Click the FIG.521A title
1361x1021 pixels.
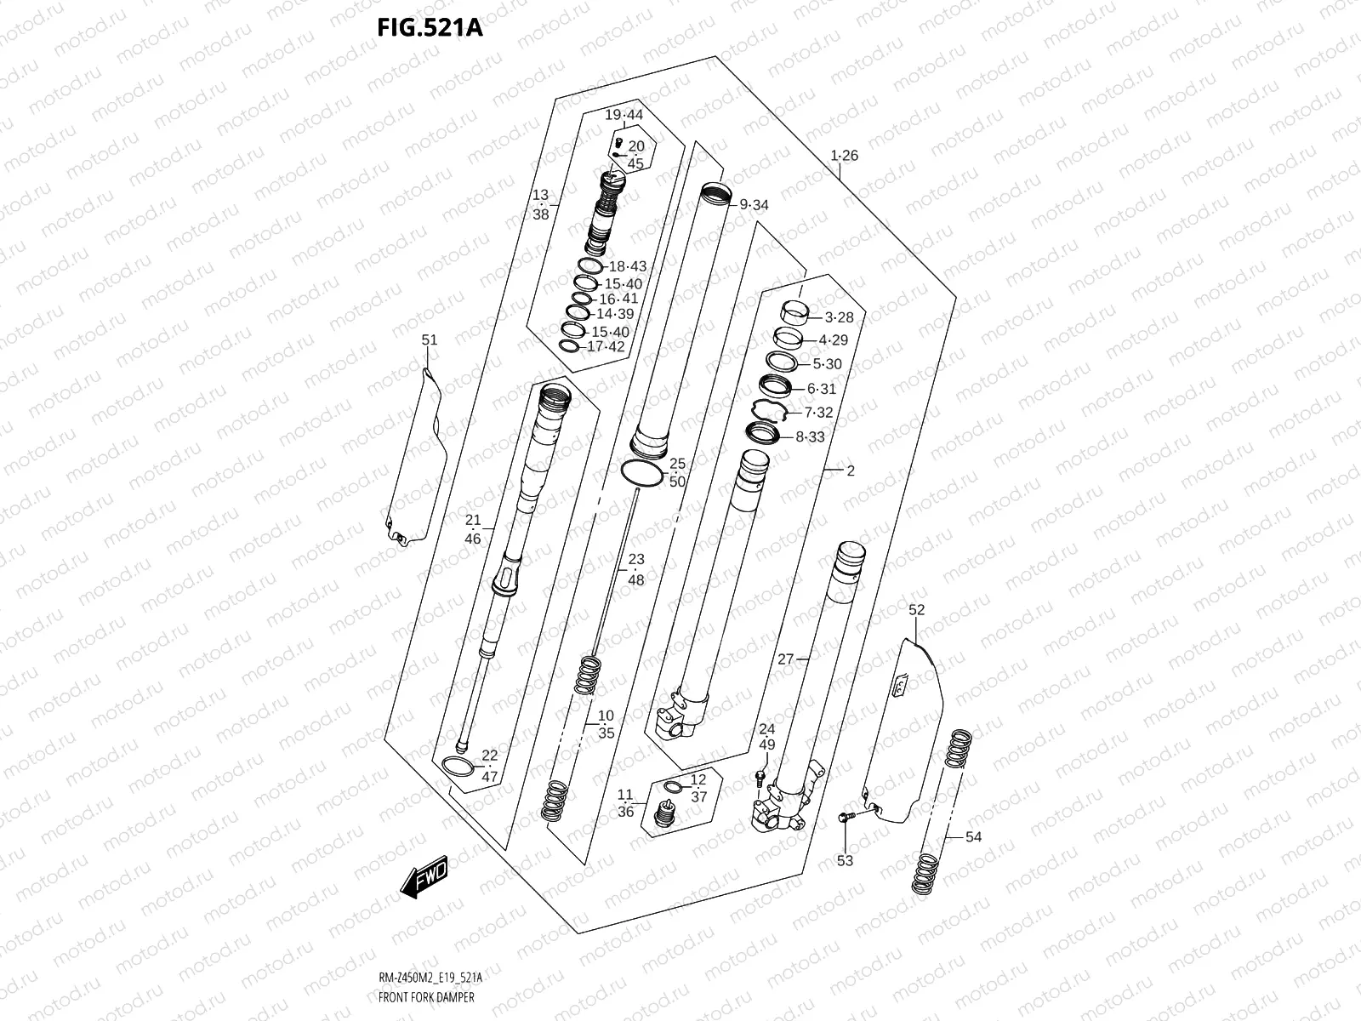click(430, 28)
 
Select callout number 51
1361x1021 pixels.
click(430, 340)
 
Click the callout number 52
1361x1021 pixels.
click(916, 610)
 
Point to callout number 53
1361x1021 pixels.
click(845, 861)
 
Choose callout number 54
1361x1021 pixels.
click(973, 837)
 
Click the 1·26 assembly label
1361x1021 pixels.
click(845, 156)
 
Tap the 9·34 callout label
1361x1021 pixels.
click(754, 205)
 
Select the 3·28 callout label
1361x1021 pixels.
click(839, 317)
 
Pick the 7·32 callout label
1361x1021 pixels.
click(818, 413)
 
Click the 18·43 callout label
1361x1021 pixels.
click(627, 266)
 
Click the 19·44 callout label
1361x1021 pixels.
click(624, 115)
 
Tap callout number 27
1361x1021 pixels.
click(785, 659)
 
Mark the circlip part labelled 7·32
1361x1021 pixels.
click(768, 412)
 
